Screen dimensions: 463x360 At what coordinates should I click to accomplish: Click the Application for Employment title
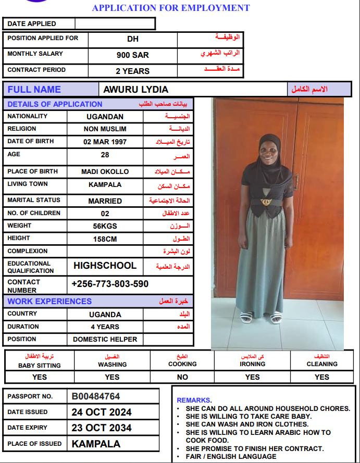(170, 8)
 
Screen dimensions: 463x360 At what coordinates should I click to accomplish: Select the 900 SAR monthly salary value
(132, 55)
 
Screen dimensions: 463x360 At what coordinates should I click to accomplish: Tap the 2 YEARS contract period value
(132, 71)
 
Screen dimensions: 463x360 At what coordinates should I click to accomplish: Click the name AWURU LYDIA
(136, 90)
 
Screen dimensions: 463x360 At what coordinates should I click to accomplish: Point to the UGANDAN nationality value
(105, 117)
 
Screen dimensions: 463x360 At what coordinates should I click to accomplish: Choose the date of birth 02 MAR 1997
(105, 142)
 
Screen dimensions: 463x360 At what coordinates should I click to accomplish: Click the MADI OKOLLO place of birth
(105, 171)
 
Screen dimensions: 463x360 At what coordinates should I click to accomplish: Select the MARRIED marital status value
(105, 201)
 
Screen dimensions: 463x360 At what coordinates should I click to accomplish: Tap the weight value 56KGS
(105, 226)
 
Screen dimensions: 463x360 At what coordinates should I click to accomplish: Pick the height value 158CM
(105, 239)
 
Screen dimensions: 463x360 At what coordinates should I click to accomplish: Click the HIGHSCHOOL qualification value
(105, 266)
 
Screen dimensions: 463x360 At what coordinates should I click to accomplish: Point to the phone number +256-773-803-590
(110, 284)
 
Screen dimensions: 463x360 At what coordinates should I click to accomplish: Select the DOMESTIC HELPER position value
(105, 340)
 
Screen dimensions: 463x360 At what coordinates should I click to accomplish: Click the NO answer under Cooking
(182, 377)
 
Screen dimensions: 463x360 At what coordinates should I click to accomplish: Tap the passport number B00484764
(96, 396)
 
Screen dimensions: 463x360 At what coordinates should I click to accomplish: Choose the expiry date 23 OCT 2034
(102, 428)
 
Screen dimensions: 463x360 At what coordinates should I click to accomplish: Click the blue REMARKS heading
(194, 400)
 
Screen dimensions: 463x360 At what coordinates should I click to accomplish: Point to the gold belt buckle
(266, 201)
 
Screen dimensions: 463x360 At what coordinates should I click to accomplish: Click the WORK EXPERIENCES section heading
(49, 301)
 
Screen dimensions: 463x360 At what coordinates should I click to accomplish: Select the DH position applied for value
(132, 39)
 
